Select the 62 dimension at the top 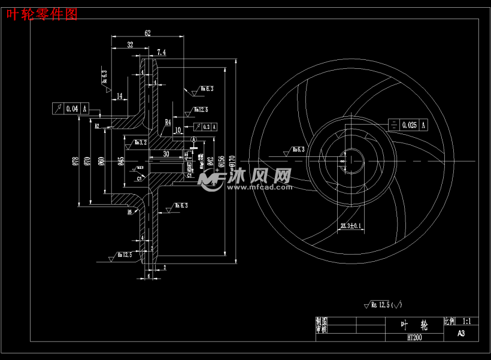147,34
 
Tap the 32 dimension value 130,45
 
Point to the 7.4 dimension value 161,53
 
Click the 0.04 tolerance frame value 72,108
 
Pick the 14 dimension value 120,96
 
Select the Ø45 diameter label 121,161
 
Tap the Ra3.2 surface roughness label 141,143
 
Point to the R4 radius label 168,122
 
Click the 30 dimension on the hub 166,154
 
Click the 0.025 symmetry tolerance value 410,125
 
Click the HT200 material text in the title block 414,337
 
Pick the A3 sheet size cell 461,334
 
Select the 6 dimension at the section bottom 149,276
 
